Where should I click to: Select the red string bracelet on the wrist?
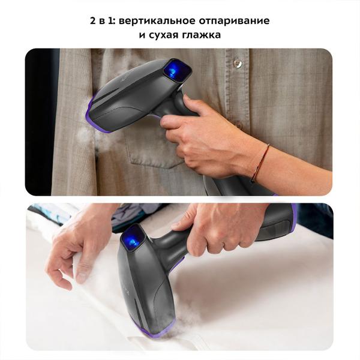click(x=260, y=163)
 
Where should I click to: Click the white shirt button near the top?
click(x=238, y=64)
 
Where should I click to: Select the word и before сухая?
click(x=142, y=35)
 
